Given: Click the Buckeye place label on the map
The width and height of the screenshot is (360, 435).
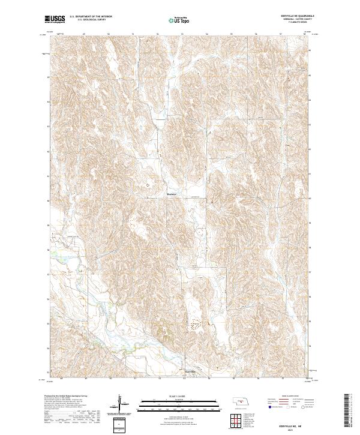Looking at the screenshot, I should coord(171,194).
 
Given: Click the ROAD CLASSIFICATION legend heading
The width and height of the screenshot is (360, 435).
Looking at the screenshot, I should coord(290,397).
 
